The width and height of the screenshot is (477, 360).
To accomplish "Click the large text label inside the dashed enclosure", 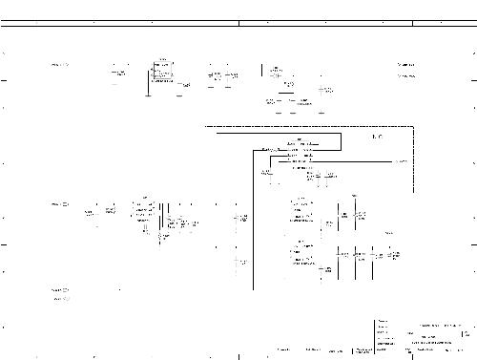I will pos(377,138).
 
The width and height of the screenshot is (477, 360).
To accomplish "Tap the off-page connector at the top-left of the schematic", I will pos(59,65).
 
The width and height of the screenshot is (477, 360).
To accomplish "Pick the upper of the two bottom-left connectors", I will pos(59,288).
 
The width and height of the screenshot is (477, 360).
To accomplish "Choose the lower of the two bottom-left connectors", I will pos(59,299).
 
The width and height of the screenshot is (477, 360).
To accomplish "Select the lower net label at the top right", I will pos(406,75).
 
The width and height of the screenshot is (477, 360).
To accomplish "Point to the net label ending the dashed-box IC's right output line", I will pos(402,162).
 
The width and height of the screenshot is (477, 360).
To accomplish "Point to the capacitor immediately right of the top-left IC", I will pos(186,86).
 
